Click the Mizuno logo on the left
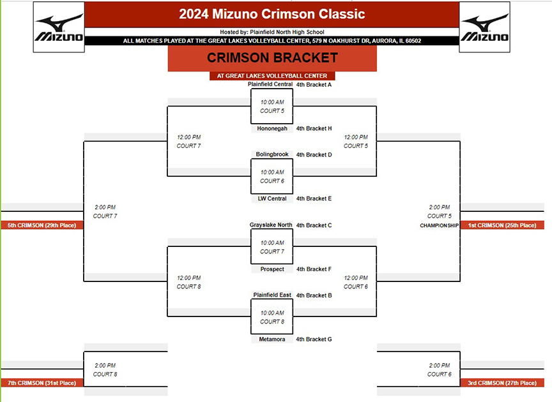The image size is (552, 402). coord(59,27)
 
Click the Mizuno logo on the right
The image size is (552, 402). coord(485,27)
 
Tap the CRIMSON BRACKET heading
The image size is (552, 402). coord(272,57)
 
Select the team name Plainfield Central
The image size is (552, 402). coord(270,84)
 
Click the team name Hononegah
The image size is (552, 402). coord(272,128)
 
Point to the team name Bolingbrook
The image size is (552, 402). coord(272,154)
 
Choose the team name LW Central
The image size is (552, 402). coord(272,198)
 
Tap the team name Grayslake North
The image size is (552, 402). coord(271,225)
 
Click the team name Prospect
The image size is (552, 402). coord(272,269)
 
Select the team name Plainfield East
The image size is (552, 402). coord(272,295)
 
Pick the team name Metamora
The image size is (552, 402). coord(272,339)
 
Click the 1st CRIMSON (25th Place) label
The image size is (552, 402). coord(502,225)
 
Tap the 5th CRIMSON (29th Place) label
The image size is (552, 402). coord(42,225)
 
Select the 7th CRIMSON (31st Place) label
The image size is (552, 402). coord(42,383)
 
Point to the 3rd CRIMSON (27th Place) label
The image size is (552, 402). coord(502,383)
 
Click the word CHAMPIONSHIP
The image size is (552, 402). coord(439,225)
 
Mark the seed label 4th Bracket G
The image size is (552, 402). coord(314,339)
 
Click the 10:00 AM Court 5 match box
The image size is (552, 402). coord(272,106)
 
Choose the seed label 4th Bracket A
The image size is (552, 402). coord(314,84)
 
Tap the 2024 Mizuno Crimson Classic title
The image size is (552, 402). coord(272,14)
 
